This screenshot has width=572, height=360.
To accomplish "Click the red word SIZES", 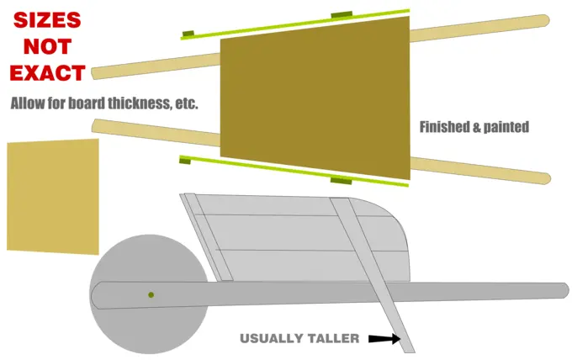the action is coord(47,19).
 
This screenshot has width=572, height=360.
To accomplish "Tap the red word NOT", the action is coord(47,47).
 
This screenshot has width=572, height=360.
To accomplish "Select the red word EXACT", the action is coord(47,73).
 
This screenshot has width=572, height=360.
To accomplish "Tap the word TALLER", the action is coord(333,338).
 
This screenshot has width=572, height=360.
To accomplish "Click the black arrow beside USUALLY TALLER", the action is coord(384,338).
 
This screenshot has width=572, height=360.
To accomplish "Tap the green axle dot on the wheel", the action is coord(151,294).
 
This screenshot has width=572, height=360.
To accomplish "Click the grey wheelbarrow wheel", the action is coord(149,294).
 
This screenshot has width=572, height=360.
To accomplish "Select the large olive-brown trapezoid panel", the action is coord(315,98).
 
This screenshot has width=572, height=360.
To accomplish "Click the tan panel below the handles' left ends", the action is coord(53,197).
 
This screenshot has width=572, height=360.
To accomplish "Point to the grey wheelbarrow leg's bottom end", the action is coord(410,351).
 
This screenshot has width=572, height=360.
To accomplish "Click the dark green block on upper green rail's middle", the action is coord(342,14).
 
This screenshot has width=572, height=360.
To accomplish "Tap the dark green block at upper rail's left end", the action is coord(188,34).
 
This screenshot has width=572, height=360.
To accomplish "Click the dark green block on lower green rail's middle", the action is coord(341,181).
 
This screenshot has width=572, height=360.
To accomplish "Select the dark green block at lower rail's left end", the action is coord(185,160).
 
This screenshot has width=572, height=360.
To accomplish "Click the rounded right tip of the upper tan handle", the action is coord(546,20).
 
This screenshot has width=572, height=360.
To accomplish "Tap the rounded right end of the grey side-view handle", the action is coord(564,291).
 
